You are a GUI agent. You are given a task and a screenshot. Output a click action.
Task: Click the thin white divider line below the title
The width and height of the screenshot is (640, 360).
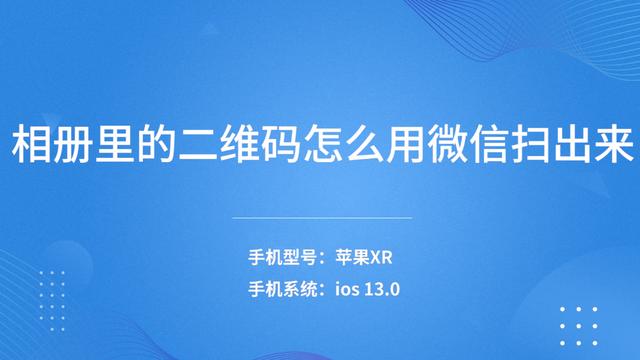pos(321,217)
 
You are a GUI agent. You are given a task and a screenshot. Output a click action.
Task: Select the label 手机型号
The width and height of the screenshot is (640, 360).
pos(282,258)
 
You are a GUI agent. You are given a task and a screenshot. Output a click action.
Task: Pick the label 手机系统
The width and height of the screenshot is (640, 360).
pos(282,291)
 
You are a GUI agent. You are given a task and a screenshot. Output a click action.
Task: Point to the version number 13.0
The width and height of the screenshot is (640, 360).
pos(384,291)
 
